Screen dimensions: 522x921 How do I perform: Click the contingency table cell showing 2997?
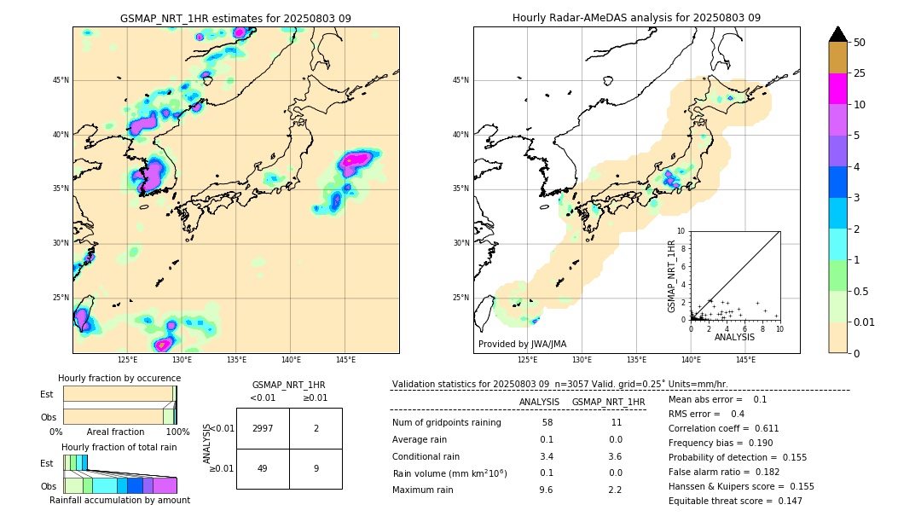(x=263, y=428)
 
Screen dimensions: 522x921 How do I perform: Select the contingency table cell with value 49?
(x=263, y=468)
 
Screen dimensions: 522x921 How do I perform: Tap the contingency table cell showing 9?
(x=316, y=468)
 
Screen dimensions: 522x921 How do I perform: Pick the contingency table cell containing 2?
(x=316, y=428)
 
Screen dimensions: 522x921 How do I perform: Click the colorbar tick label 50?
(x=860, y=42)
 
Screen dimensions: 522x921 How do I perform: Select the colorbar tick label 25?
(x=860, y=73)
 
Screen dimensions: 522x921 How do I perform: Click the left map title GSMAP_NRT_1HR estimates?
(x=235, y=18)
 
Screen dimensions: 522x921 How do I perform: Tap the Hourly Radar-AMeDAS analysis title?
(x=636, y=18)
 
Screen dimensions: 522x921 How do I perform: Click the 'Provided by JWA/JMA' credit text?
(x=522, y=345)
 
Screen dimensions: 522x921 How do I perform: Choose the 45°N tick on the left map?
(x=61, y=80)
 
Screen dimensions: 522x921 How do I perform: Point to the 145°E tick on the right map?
(x=745, y=360)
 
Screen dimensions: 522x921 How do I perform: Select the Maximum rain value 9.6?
(x=546, y=490)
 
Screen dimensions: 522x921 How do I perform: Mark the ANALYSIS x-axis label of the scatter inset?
(x=734, y=337)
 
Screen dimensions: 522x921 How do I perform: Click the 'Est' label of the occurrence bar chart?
(x=47, y=394)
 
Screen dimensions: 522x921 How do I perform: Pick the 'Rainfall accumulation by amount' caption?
(x=119, y=501)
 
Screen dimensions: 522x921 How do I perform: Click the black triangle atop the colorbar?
(x=838, y=34)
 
